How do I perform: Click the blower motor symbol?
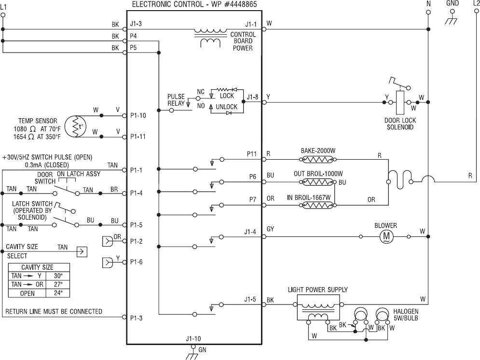click(x=386, y=236)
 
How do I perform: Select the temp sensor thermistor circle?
click(x=76, y=126)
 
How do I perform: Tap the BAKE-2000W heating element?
click(x=317, y=159)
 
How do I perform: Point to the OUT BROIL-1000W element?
click(x=317, y=182)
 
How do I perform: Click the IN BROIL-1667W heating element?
click(x=317, y=205)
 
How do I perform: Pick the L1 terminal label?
click(x=3, y=6)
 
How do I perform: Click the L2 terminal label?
click(x=476, y=4)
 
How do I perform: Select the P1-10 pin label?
click(x=138, y=115)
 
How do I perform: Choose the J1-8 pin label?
click(x=252, y=97)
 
